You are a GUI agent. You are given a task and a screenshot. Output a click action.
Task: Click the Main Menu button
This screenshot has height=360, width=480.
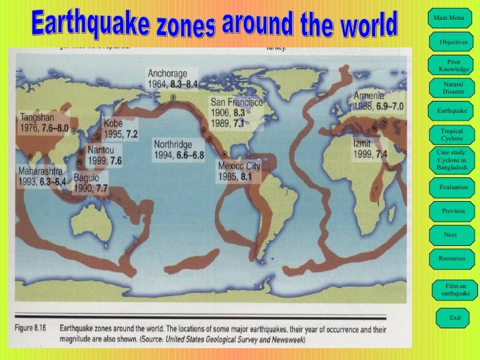point(448,17)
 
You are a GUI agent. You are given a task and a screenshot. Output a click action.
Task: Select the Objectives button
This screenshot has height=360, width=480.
point(454,42)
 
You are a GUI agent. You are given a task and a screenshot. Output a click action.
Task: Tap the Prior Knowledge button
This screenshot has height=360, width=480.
point(454,65)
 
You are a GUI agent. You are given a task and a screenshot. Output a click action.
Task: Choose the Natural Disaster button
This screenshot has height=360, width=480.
point(454,88)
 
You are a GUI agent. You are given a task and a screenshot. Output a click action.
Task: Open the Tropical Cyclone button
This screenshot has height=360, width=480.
point(452,135)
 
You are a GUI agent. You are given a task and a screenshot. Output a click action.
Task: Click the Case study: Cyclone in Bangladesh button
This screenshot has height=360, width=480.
point(452,160)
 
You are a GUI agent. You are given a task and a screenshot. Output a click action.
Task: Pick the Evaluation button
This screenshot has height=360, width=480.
point(454,187)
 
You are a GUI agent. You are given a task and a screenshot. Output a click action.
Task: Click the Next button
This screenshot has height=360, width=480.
point(450,235)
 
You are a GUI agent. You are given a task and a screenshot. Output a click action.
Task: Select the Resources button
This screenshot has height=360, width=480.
point(452,258)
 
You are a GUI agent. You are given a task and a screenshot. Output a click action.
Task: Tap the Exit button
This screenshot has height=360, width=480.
point(455,318)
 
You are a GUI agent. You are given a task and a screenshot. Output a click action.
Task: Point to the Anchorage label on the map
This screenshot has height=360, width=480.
point(167,73)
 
